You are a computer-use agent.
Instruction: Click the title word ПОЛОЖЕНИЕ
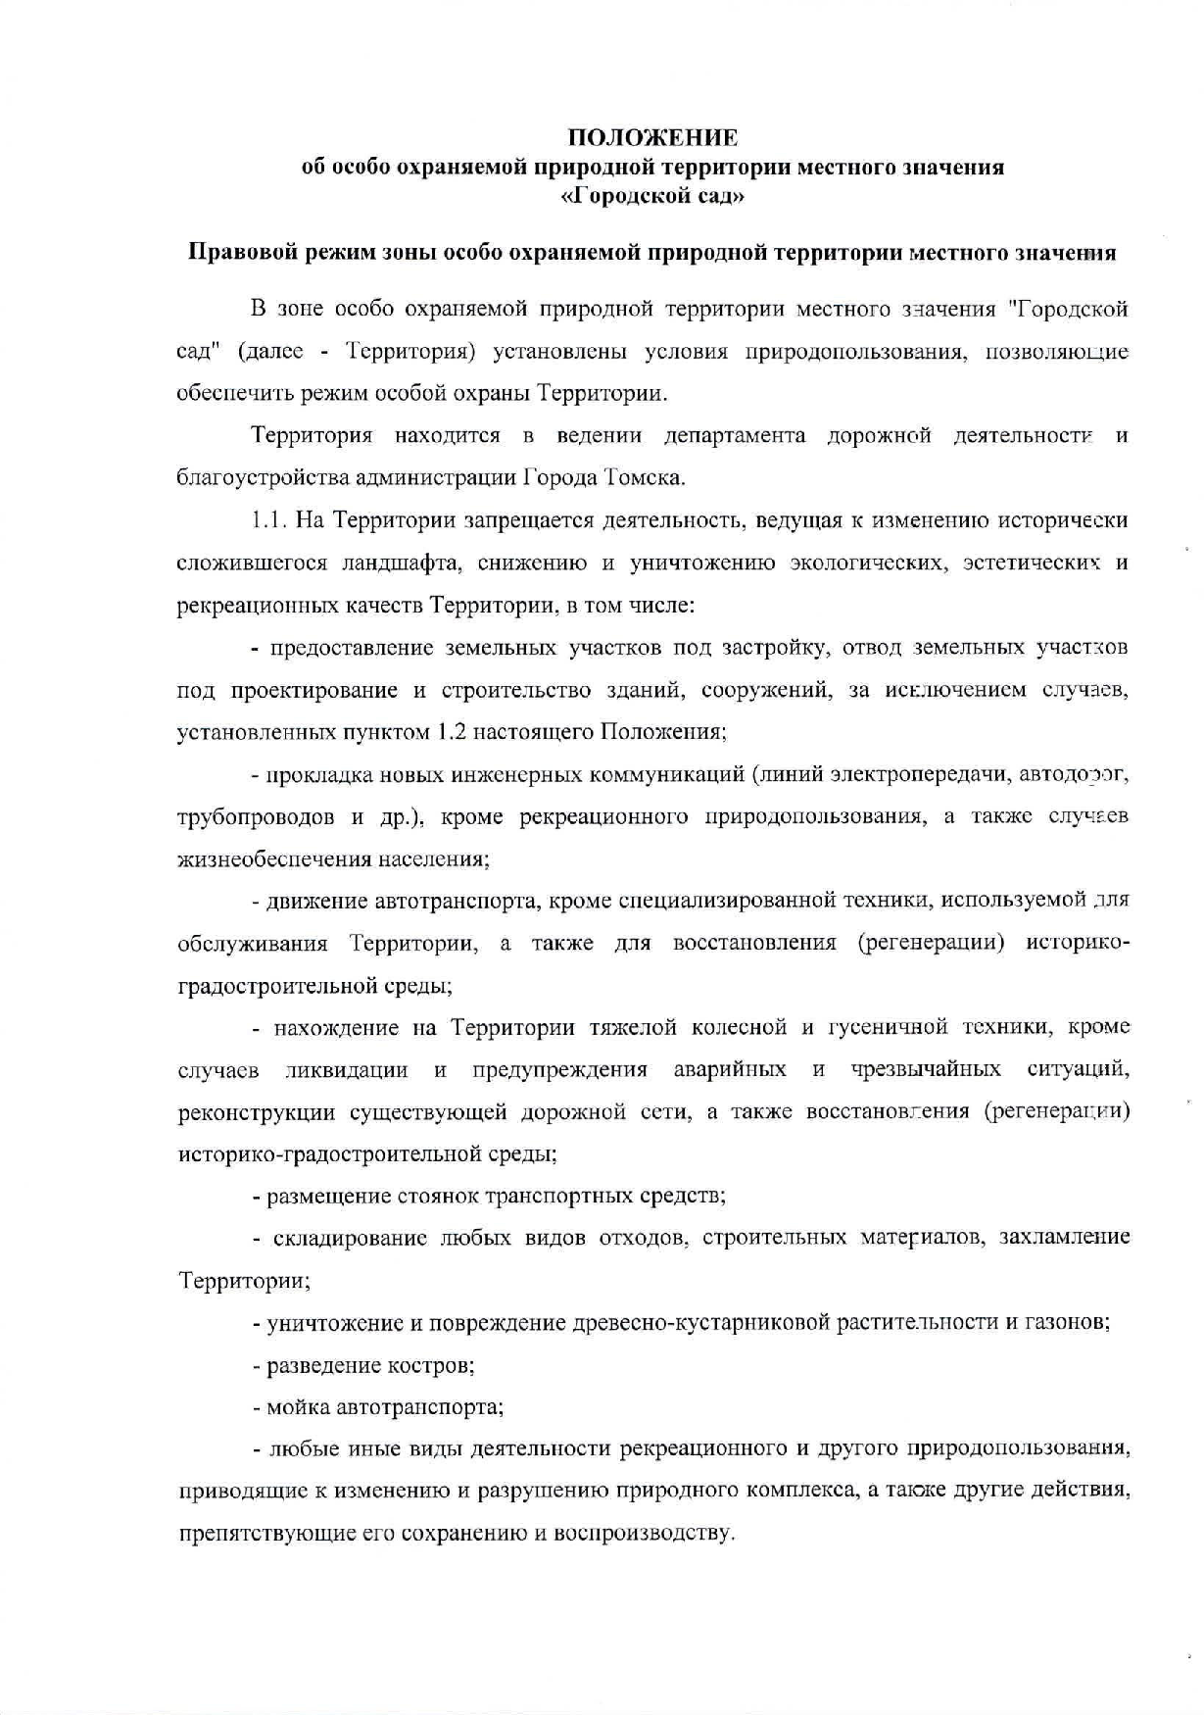click(653, 136)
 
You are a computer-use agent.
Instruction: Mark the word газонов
click(1068, 1322)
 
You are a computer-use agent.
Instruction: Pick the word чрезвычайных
click(926, 1069)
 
